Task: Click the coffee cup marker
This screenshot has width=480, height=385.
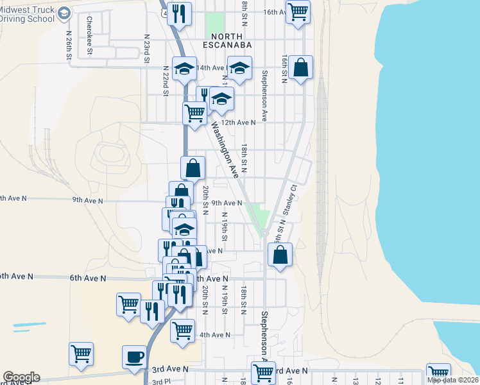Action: click(135, 357)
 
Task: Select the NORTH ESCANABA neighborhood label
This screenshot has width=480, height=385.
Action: click(225, 40)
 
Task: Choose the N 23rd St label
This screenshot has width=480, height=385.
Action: click(147, 48)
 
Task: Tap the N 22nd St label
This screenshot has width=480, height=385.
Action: click(165, 80)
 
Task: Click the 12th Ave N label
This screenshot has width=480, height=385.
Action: click(239, 122)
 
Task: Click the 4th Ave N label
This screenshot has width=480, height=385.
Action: click(214, 335)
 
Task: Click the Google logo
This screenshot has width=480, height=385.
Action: click(21, 377)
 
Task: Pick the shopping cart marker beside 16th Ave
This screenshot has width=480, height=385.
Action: click(298, 11)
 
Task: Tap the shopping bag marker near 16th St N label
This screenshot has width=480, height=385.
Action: click(300, 67)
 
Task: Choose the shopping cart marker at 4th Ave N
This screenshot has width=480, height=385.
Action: click(182, 330)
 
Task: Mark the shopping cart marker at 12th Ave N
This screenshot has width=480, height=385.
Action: click(194, 113)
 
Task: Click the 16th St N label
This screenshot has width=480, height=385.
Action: click(284, 68)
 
